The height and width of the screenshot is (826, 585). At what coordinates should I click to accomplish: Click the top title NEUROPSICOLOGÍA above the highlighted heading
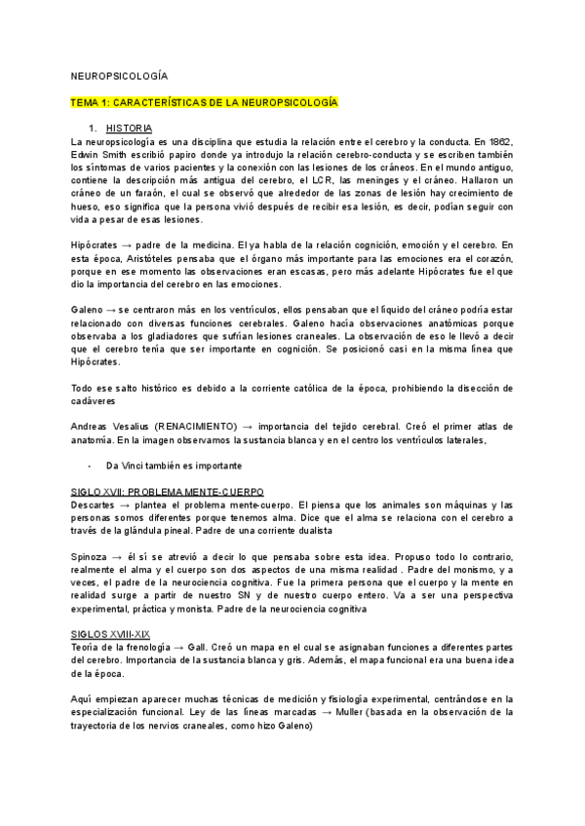(120, 75)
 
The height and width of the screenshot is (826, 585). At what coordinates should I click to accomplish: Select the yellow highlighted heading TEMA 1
(205, 100)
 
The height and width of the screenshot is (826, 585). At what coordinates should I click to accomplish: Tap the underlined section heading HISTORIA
(129, 129)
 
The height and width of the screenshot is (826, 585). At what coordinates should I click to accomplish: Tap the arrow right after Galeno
(110, 310)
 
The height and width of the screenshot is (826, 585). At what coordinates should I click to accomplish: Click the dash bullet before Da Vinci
(90, 466)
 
